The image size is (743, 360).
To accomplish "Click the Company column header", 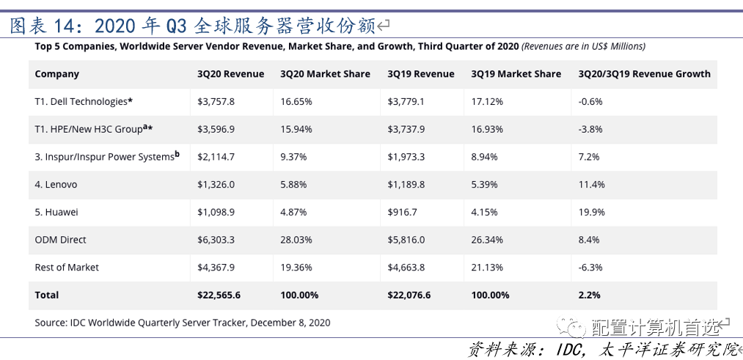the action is (57, 74).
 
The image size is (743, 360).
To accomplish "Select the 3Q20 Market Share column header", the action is (325, 74).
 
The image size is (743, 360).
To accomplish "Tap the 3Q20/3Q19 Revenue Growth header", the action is (645, 74).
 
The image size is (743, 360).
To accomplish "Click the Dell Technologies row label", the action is (84, 101).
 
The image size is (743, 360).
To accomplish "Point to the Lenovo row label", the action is (56, 184).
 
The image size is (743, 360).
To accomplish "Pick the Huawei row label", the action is (56, 212).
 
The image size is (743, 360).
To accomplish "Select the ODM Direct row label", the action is (61, 240).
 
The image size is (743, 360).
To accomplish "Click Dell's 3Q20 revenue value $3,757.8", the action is (216, 101).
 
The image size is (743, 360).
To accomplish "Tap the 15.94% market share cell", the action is (296, 129).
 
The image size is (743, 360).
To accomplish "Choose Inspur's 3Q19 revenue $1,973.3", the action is (406, 157).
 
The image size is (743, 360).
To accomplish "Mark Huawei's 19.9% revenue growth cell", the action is (591, 212).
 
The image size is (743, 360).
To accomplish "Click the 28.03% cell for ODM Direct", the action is (296, 240).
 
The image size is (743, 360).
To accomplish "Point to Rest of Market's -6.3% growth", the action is (590, 267).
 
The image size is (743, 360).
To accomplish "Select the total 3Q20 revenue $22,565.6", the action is (219, 295).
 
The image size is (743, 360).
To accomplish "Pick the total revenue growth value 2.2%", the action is (589, 295).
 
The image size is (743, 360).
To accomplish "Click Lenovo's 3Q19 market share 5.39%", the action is (485, 184).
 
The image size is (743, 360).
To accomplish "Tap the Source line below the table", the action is (183, 323).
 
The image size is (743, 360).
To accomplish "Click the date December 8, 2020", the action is (290, 323).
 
